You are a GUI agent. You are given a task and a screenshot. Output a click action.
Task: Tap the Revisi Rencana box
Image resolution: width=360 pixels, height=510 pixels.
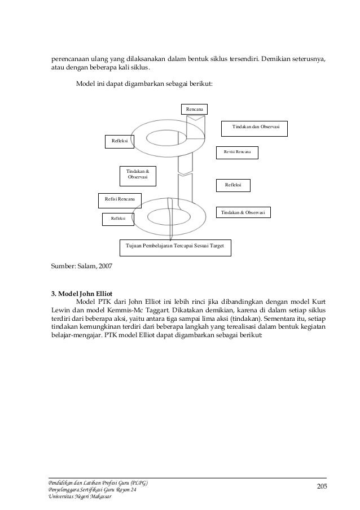237,152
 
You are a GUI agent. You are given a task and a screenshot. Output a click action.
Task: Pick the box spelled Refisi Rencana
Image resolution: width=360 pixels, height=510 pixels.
119,199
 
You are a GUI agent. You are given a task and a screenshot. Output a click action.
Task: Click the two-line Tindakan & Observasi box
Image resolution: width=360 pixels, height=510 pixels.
138,174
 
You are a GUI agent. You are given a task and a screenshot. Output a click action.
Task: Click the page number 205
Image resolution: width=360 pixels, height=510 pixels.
322,487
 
